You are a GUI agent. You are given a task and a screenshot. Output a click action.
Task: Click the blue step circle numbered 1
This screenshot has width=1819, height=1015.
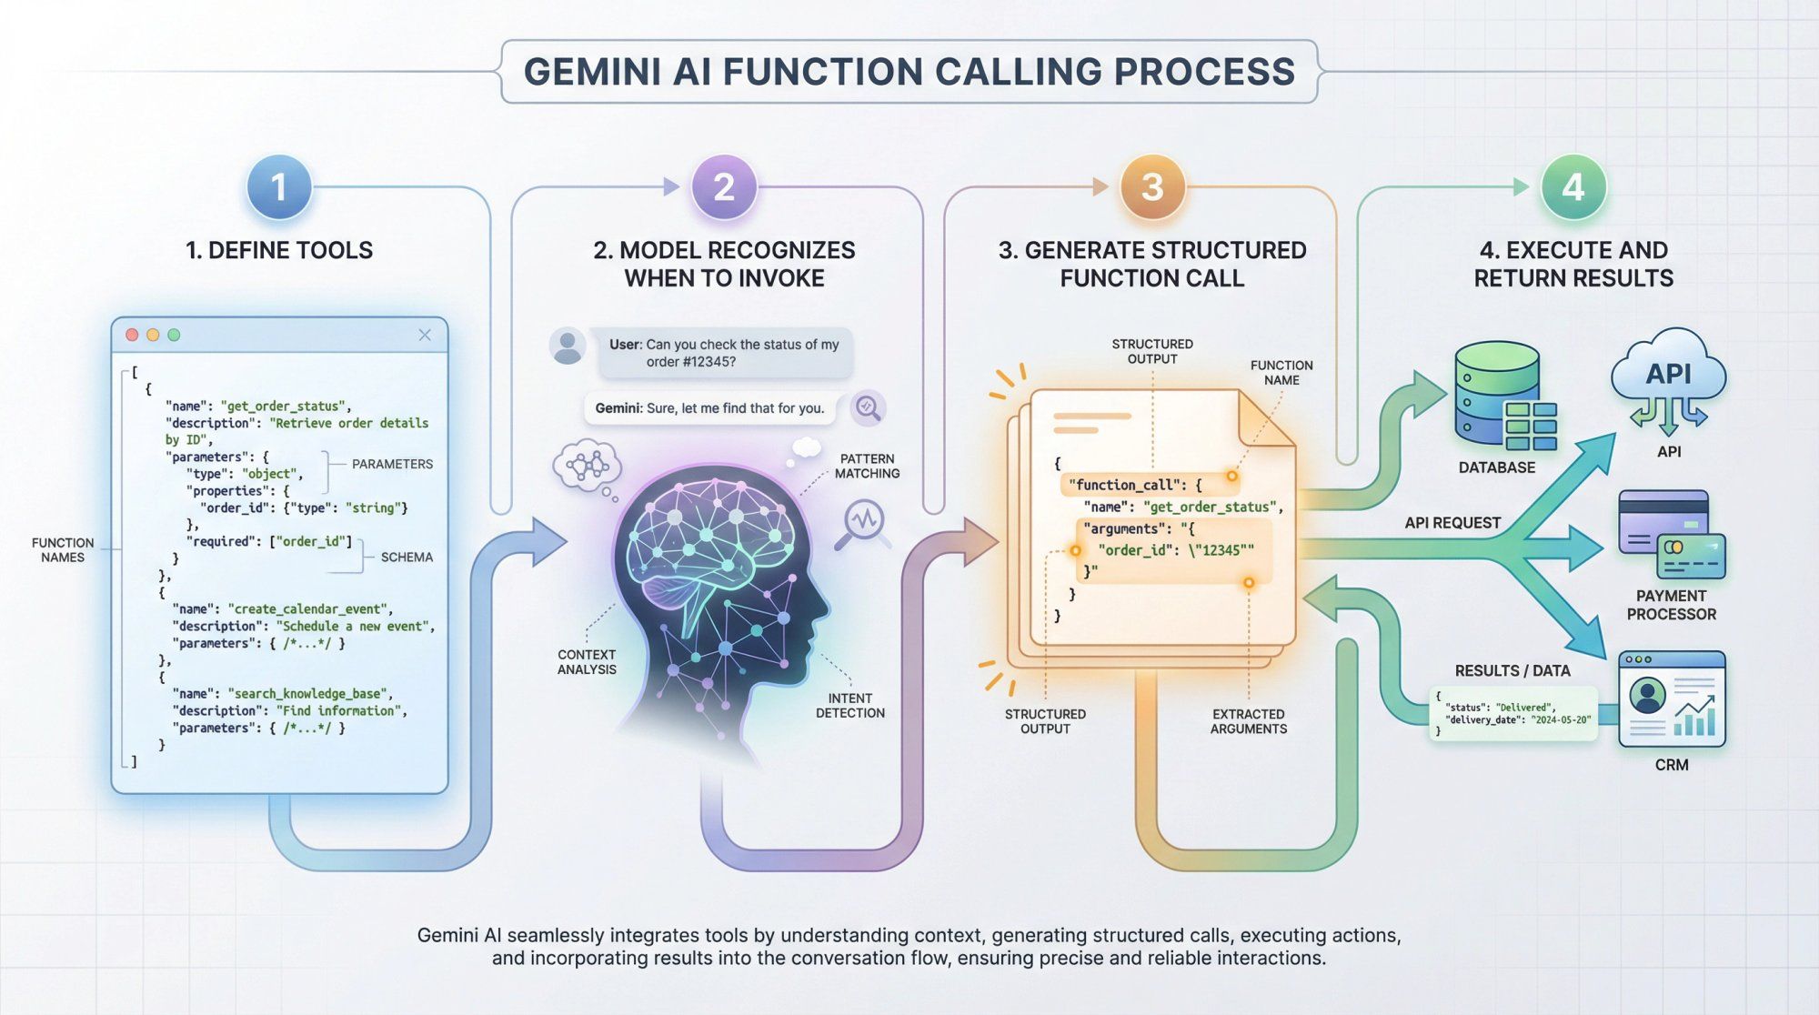point(279,187)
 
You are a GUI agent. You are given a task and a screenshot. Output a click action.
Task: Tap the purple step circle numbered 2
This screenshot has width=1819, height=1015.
point(724,187)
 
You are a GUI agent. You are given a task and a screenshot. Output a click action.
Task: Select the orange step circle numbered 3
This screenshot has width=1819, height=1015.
point(1152,187)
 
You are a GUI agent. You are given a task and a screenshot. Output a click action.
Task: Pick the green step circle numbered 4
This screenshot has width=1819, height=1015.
point(1573,187)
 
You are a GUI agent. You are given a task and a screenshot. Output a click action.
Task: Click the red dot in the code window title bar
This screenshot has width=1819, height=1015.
point(132,335)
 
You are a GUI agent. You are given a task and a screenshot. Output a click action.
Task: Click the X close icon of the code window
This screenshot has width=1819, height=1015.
point(425,335)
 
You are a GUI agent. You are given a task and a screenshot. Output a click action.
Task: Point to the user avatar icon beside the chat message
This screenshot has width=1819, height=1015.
point(568,347)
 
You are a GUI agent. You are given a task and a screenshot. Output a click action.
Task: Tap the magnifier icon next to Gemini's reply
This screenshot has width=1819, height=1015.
point(868,408)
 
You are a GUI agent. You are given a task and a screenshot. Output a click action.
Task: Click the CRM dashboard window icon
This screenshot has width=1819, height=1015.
point(1672,699)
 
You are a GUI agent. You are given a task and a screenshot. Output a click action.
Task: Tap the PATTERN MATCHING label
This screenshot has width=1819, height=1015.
point(867,467)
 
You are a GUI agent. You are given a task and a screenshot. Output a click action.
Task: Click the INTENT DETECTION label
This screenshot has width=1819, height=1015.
point(849,706)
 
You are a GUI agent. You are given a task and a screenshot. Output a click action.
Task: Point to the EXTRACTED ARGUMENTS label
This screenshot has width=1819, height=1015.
point(1248,721)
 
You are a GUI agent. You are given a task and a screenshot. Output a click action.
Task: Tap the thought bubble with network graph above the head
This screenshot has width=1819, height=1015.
point(587,466)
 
